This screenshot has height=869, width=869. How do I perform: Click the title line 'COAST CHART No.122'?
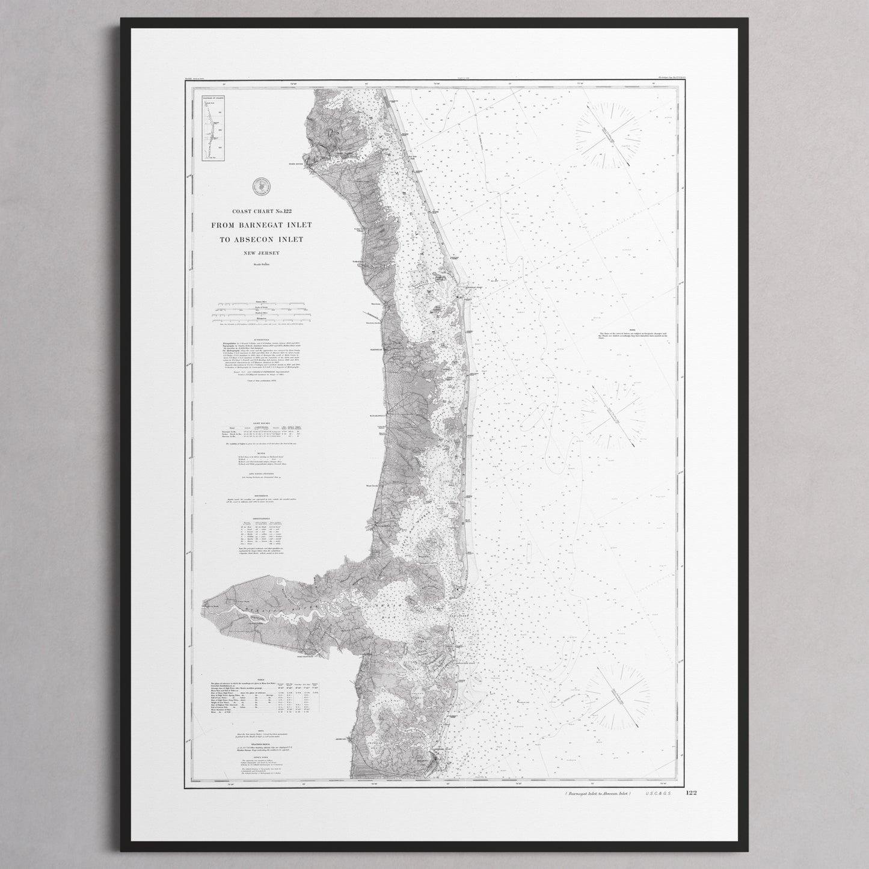[262, 211]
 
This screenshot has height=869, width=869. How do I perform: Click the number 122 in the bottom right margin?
[690, 794]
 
